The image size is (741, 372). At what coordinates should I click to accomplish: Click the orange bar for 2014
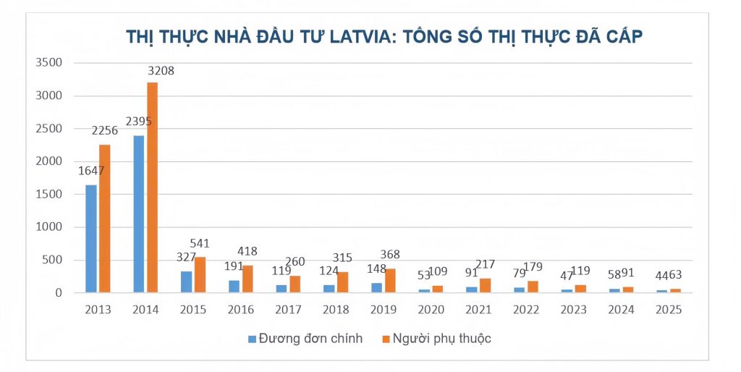tap(152, 188)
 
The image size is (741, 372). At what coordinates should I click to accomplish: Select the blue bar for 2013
tap(91, 239)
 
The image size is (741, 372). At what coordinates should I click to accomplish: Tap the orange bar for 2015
tap(200, 275)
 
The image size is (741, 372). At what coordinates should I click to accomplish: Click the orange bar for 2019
tap(390, 281)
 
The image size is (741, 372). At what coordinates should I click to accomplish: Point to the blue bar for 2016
tap(233, 287)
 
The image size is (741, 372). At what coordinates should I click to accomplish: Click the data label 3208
tap(161, 71)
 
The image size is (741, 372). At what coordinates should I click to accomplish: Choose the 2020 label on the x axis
tap(431, 310)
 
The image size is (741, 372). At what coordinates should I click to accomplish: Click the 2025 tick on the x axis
tap(668, 310)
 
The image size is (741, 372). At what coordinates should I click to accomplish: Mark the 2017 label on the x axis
tap(288, 310)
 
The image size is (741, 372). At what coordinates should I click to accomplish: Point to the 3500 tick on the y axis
tap(48, 62)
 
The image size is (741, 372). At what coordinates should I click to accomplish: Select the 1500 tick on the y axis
tap(48, 194)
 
